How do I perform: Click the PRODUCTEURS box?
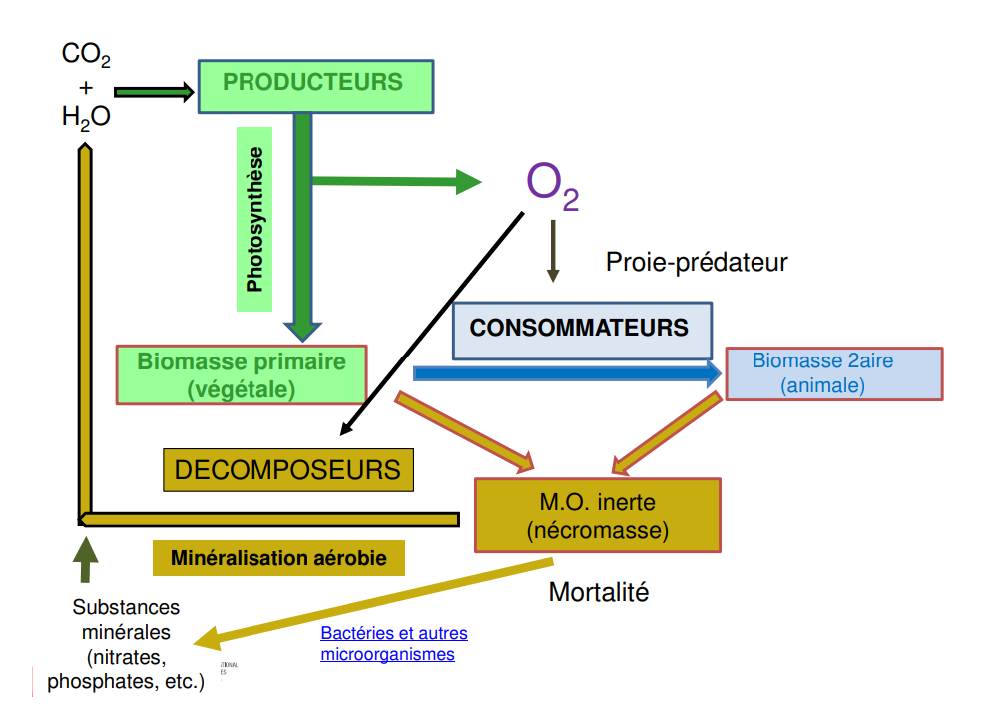pyautogui.click(x=315, y=86)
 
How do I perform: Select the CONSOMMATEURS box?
pyautogui.click(x=583, y=329)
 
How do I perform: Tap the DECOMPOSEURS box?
pyautogui.click(x=287, y=469)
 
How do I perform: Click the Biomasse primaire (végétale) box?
pyautogui.click(x=242, y=374)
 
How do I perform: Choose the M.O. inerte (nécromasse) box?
pyautogui.click(x=597, y=515)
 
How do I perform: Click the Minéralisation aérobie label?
pyautogui.click(x=278, y=558)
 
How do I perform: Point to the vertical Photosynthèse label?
pyautogui.click(x=255, y=220)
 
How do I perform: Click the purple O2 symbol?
pyautogui.click(x=550, y=185)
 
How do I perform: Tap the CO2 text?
pyautogui.click(x=86, y=55)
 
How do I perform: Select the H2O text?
pyautogui.click(x=86, y=118)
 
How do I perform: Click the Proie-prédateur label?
pyautogui.click(x=697, y=263)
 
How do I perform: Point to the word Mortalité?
pyautogui.click(x=599, y=592)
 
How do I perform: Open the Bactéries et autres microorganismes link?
pyautogui.click(x=393, y=644)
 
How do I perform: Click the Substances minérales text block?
pyautogui.click(x=126, y=644)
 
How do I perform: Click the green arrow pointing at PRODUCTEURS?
pyautogui.click(x=153, y=92)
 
